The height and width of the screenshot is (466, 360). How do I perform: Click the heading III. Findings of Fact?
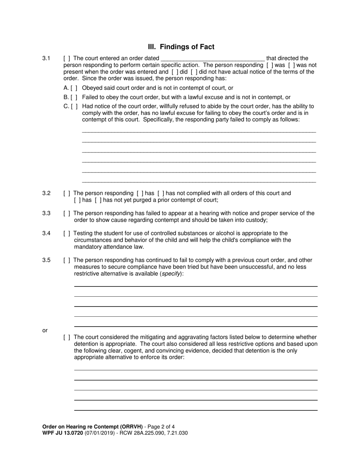[x=181, y=47]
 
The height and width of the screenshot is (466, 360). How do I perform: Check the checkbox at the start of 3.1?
[x=67, y=58]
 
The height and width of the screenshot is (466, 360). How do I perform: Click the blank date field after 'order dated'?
[x=213, y=59]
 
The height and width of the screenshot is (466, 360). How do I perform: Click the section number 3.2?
[x=46, y=193]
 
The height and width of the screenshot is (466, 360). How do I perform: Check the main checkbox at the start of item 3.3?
[x=67, y=213]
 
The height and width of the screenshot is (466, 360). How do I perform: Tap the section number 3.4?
[x=46, y=233]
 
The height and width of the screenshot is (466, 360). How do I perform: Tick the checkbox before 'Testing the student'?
[x=67, y=233]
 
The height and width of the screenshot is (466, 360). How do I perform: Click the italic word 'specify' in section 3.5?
[x=171, y=274]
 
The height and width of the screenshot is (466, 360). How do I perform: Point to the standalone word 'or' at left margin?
[x=45, y=330]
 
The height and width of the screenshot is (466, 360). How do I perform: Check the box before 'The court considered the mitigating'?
[x=67, y=337]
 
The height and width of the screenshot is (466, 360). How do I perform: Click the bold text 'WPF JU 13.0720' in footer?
[x=63, y=433]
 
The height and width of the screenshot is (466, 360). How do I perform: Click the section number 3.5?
[x=46, y=260]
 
